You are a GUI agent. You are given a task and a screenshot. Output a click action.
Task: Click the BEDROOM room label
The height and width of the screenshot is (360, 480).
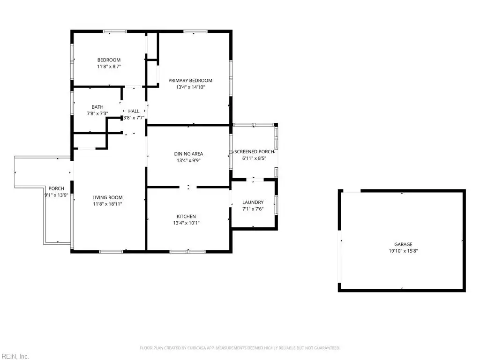tap(109, 60)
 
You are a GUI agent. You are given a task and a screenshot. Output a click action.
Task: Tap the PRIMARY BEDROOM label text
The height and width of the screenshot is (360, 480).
tap(190, 81)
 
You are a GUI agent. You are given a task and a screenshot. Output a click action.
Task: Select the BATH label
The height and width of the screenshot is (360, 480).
tap(97, 107)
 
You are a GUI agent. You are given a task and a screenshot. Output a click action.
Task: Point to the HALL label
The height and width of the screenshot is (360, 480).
tap(134, 111)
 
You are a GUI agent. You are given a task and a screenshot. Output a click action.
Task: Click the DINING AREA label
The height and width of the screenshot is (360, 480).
tap(188, 154)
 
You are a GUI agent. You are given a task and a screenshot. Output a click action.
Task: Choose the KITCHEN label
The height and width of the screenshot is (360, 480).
tap(186, 217)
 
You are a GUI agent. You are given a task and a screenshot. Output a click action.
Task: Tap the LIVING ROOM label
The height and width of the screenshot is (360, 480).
tap(107, 197)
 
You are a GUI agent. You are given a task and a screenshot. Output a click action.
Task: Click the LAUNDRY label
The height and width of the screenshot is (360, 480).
tap(253, 202)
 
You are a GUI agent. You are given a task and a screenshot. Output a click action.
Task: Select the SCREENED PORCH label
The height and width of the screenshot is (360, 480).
tap(254, 151)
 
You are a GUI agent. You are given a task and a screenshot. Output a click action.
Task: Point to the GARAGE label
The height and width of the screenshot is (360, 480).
tap(403, 244)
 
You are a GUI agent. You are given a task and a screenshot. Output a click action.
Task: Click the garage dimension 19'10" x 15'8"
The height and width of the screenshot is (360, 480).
tap(403, 251)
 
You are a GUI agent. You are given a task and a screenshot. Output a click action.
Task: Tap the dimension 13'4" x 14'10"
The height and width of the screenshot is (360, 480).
tap(190, 87)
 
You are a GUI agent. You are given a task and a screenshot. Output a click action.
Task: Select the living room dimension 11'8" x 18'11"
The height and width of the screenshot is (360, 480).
tap(107, 204)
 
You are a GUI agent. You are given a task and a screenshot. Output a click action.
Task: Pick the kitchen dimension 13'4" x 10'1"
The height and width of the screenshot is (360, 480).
tap(186, 223)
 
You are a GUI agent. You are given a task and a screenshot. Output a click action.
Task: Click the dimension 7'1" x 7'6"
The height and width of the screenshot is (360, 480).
tap(253, 209)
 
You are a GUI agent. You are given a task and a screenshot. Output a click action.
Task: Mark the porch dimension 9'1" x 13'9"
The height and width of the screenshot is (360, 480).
tap(56, 195)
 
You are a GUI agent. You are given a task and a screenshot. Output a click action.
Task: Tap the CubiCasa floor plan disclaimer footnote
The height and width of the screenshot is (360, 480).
tap(240, 348)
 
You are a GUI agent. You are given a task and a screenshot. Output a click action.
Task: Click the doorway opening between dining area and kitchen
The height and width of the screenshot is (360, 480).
tap(188, 187)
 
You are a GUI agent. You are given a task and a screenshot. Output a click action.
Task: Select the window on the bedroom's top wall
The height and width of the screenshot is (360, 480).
tap(114, 31)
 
